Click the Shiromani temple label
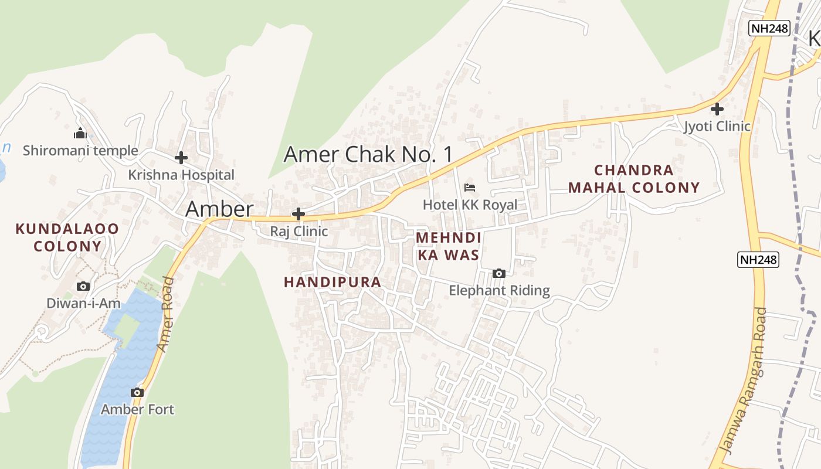click(x=80, y=151)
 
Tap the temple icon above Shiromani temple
click(x=80, y=134)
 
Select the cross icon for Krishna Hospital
click(x=181, y=158)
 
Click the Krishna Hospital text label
click(x=181, y=175)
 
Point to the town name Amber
click(x=219, y=209)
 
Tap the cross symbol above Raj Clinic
click(x=298, y=214)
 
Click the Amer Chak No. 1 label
click(x=368, y=154)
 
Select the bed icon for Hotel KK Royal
click(x=470, y=188)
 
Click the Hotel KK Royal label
click(x=470, y=205)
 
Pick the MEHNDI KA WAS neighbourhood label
click(x=449, y=246)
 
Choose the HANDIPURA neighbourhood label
click(x=333, y=282)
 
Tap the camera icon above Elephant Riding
click(x=499, y=273)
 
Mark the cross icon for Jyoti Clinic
click(x=717, y=109)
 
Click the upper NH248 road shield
click(x=769, y=28)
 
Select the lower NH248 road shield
click(x=758, y=260)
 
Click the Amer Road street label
click(x=166, y=315)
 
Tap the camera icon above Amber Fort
click(x=137, y=392)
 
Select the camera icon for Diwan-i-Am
click(x=83, y=286)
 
